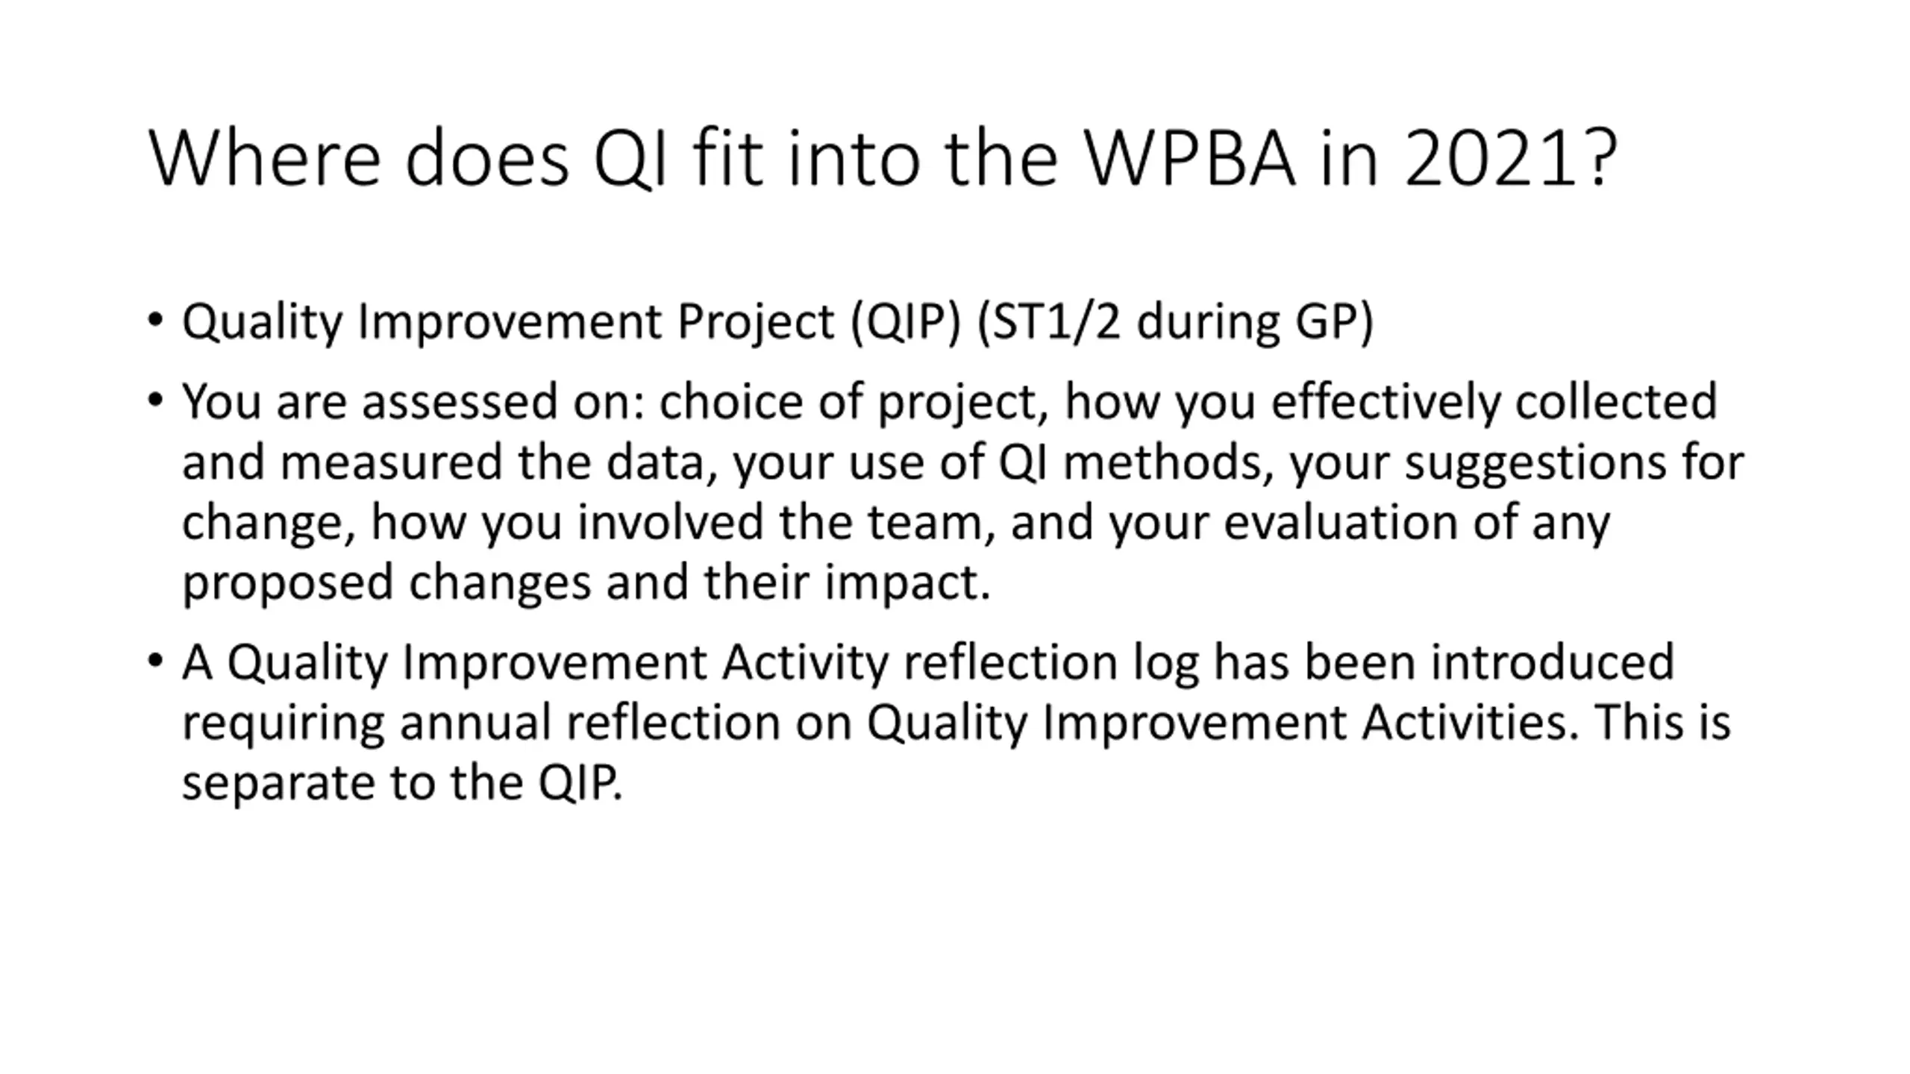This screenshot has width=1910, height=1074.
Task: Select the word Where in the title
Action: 265,158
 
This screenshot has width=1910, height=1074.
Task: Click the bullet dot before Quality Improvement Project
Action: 154,321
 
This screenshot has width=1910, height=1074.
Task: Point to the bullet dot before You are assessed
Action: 154,401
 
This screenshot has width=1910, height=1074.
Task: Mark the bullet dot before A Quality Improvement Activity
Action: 154,661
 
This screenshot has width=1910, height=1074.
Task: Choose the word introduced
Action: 1553,662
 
